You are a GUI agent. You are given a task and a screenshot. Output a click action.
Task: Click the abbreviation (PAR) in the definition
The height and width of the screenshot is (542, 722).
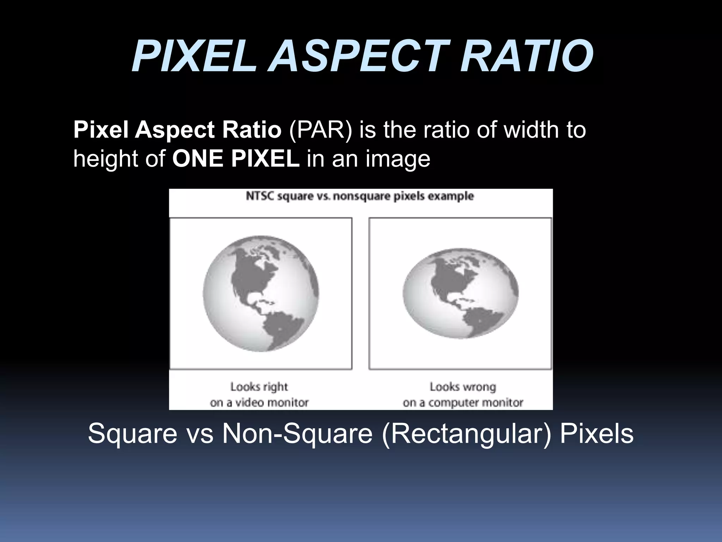[x=320, y=130]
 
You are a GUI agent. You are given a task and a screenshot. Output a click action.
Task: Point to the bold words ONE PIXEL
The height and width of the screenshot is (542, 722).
[x=236, y=159]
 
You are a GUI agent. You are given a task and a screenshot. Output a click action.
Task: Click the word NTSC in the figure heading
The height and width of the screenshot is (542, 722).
[x=260, y=196]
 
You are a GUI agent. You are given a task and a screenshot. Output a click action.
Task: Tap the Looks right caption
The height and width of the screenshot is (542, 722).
[x=259, y=387]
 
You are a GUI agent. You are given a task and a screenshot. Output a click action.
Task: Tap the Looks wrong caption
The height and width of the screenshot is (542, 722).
[x=463, y=387]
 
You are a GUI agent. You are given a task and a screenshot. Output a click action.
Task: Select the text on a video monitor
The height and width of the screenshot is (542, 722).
[x=259, y=402]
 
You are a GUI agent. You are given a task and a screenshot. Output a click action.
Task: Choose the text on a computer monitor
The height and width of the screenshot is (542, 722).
[x=463, y=402]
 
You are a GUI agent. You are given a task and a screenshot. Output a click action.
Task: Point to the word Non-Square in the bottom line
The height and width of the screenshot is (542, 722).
[x=297, y=433]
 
